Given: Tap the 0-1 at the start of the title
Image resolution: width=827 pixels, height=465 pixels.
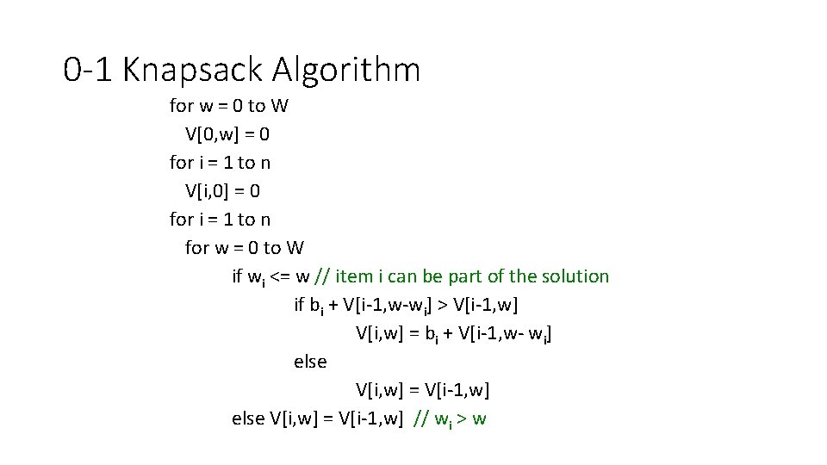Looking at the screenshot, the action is click(x=90, y=70).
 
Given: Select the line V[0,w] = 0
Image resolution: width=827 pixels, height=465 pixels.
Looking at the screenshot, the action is click(x=228, y=133).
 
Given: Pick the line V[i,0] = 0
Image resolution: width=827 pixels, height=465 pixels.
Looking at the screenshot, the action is click(x=222, y=190).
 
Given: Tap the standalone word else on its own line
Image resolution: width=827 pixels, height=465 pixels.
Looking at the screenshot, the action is click(x=310, y=362).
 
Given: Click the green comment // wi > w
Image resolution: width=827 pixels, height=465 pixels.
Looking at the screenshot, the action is click(x=450, y=419).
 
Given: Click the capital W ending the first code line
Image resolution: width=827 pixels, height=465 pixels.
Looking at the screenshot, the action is click(x=279, y=106).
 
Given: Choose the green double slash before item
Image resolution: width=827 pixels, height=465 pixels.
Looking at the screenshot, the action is click(x=321, y=276).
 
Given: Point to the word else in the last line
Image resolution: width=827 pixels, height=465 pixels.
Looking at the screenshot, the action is click(x=248, y=418).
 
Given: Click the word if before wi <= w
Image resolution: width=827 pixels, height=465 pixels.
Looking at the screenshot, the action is click(x=237, y=276).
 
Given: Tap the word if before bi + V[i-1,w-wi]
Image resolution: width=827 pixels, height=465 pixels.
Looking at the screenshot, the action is click(x=299, y=305).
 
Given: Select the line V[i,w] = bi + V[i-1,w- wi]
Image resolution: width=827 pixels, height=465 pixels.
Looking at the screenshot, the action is click(x=453, y=333).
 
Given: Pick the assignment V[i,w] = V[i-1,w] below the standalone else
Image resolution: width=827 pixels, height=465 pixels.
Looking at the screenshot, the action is click(x=422, y=390).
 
